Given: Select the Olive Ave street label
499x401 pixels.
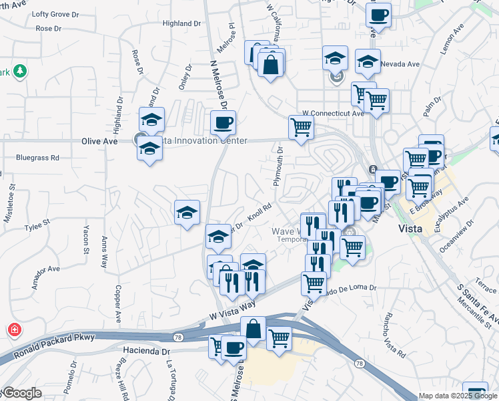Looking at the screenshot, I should (x=99, y=141).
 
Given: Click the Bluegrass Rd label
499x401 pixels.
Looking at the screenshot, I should (x=37, y=158).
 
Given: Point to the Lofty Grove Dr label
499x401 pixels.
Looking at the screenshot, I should (x=55, y=14).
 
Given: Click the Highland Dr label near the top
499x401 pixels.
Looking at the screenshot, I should (x=181, y=23).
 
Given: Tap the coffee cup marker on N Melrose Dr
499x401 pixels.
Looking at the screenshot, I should (x=223, y=122).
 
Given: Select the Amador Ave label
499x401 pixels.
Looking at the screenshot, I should (x=45, y=275).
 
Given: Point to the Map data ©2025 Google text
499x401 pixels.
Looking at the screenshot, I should (x=457, y=396).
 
